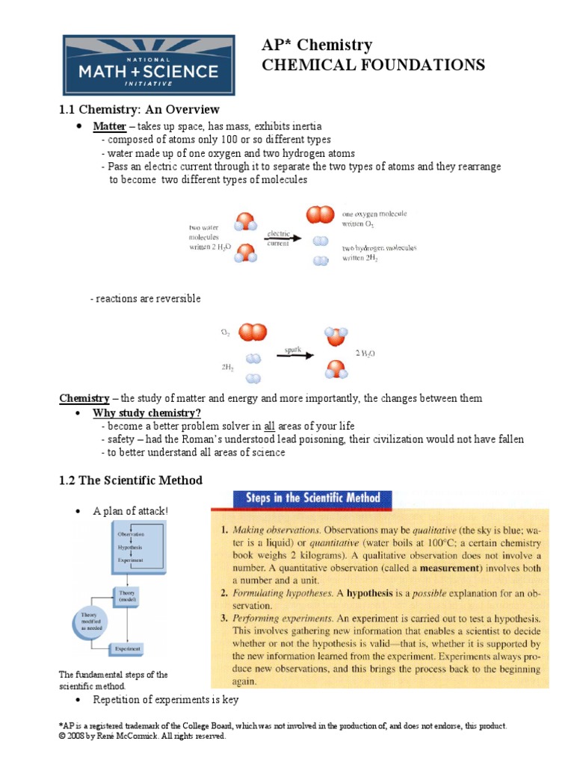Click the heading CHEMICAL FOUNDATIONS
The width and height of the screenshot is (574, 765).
click(372, 65)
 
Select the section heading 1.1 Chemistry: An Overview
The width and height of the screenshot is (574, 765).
click(139, 110)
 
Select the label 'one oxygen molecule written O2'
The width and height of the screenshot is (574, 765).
click(374, 218)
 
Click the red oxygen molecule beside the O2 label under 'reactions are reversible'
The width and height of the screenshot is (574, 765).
click(253, 332)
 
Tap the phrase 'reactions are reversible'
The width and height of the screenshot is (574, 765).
click(145, 299)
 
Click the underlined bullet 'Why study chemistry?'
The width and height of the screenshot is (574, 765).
click(146, 413)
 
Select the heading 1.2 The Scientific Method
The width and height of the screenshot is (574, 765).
click(131, 480)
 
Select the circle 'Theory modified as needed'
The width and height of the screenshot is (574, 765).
click(84, 619)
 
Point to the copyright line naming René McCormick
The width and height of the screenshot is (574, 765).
click(142, 736)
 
